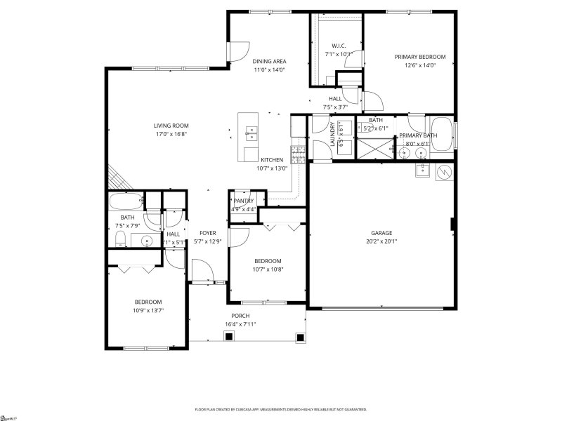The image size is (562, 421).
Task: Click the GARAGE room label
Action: (x=381, y=233)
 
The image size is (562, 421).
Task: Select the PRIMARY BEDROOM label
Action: (x=419, y=57)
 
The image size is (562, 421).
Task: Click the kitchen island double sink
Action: (x=251, y=131)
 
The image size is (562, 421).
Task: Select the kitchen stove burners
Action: (x=299, y=150)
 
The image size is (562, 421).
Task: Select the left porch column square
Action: (x=228, y=337)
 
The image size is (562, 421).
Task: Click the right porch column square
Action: (x=300, y=337)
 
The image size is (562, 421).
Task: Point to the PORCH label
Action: (x=240, y=316)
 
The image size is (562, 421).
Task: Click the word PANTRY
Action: (x=244, y=201)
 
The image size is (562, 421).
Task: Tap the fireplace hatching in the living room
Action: (x=116, y=176)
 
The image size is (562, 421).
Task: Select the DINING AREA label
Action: (x=270, y=61)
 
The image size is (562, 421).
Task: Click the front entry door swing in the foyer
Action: (x=202, y=270)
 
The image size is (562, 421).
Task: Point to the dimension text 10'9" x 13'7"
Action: (x=148, y=310)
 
